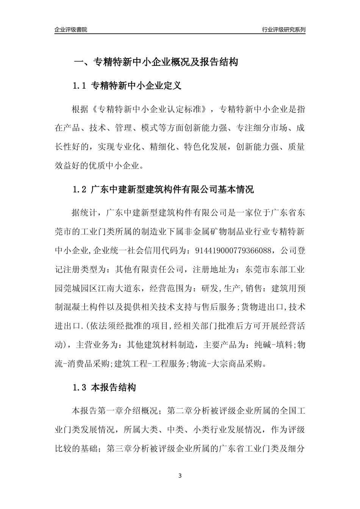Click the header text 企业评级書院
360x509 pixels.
71,30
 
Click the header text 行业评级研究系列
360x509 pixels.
283,30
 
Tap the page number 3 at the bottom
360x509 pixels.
180,476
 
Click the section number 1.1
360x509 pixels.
80,86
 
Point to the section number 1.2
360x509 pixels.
80,190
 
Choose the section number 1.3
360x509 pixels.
80,388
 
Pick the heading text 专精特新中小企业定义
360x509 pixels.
136,86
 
